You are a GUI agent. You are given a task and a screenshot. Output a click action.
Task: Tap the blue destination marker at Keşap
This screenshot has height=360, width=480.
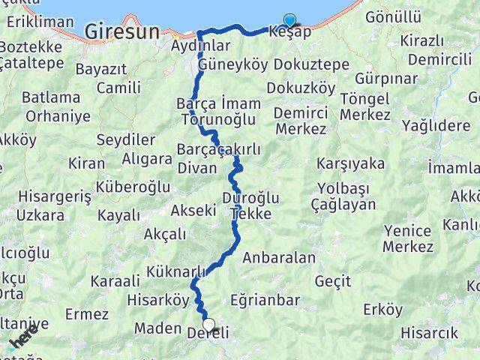coord(289,22)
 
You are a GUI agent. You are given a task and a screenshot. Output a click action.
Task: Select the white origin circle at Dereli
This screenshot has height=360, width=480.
coord(208,325)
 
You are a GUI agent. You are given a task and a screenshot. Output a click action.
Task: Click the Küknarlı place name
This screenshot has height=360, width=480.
coord(176,271)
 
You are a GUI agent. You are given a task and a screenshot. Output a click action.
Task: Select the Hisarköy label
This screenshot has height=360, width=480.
coord(160,300)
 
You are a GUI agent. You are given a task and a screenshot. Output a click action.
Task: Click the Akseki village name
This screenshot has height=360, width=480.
coord(193,210)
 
